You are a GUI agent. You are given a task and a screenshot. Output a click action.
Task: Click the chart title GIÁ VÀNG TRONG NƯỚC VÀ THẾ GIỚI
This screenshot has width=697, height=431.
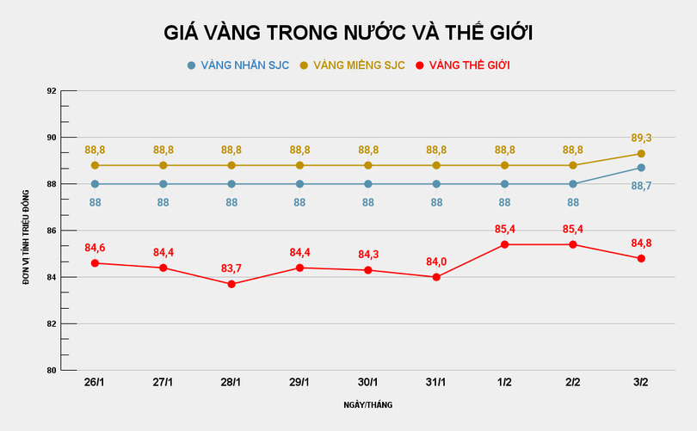click(348, 33)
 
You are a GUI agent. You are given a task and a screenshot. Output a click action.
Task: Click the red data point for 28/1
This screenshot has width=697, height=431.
click(231, 284)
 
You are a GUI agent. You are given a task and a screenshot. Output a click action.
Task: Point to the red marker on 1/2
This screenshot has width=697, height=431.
click(504, 244)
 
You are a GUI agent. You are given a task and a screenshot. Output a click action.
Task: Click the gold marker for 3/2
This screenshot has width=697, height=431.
click(641, 154)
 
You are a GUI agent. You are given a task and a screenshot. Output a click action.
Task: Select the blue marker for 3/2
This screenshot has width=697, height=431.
click(641, 168)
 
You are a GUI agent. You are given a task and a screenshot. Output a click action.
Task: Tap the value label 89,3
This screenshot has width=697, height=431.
click(641, 138)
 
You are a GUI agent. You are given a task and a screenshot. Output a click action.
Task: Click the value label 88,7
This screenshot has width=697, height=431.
click(641, 185)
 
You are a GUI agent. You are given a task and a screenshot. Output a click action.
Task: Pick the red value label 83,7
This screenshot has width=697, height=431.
click(231, 268)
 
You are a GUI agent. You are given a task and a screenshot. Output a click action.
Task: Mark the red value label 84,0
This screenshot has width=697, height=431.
click(436, 261)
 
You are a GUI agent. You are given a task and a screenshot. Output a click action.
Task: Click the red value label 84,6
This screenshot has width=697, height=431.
click(95, 248)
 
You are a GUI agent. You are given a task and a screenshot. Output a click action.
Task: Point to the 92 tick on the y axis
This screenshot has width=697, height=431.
click(52, 91)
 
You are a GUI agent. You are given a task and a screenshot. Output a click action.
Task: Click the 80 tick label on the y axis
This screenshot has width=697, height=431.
click(52, 371)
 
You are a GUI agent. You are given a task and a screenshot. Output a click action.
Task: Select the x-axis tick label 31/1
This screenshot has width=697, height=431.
click(436, 382)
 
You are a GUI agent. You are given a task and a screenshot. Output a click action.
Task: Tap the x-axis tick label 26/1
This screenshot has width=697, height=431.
click(95, 382)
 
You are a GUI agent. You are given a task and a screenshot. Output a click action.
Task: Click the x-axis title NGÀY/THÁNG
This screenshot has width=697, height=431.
click(367, 404)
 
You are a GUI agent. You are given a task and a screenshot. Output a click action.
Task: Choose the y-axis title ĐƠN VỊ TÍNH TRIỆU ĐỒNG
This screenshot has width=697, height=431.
click(27, 231)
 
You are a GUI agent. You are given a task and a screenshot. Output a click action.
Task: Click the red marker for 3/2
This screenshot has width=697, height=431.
click(641, 258)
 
